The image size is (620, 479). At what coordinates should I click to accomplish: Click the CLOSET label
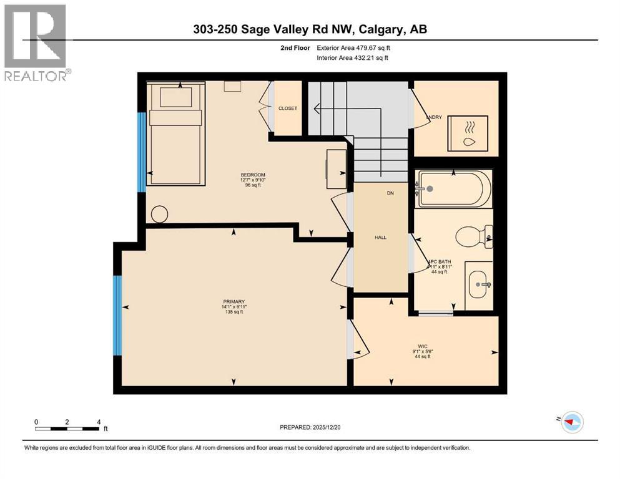[288, 109]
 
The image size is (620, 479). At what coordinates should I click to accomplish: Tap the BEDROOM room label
[253, 175]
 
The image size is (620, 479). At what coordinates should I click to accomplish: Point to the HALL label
[381, 238]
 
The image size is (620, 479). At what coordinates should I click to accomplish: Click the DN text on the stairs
[390, 193]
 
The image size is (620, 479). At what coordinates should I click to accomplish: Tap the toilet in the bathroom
[471, 236]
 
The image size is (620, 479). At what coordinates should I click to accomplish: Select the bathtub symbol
[455, 188]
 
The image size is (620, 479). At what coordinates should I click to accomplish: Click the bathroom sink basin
[480, 284]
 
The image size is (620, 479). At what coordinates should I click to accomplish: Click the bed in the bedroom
[175, 134]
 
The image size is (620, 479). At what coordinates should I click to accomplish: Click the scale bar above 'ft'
[67, 428]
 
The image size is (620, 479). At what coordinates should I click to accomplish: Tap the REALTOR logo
[36, 43]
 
